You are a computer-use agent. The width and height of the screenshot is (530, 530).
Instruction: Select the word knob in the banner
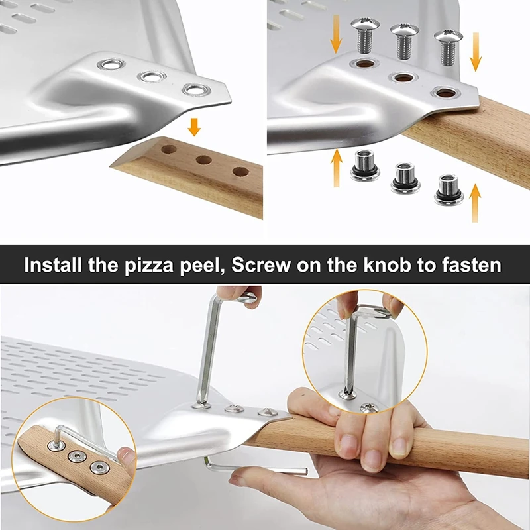click(x=392, y=266)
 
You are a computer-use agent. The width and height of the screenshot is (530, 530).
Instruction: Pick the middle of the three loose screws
click(x=402, y=39)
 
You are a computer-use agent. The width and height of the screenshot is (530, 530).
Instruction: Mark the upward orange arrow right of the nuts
click(x=474, y=201)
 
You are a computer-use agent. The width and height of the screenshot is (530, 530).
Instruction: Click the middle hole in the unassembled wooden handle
click(x=203, y=160)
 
